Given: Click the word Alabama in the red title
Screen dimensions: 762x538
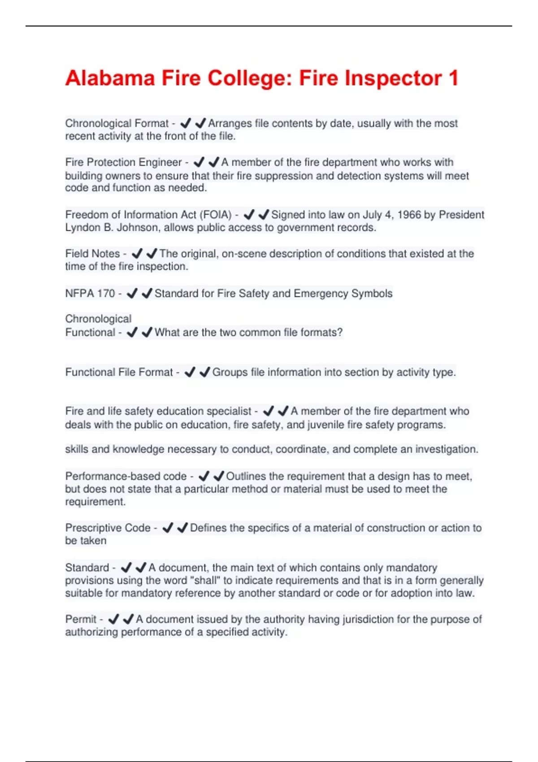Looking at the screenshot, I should click(x=110, y=78).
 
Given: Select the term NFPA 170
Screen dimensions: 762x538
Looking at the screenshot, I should click(x=90, y=294).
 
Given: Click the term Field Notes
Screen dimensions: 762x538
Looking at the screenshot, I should click(x=92, y=254).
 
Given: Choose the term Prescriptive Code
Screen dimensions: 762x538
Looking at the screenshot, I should click(x=108, y=528).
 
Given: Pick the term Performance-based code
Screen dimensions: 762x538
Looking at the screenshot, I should click(x=126, y=476).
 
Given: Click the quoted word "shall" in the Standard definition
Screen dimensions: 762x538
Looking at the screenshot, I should click(x=205, y=580).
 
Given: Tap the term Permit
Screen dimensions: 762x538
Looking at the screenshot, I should click(x=81, y=619).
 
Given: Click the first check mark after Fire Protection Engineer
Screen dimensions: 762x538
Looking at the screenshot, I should click(x=199, y=162).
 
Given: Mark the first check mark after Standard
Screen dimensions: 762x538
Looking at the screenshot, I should click(x=126, y=567).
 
